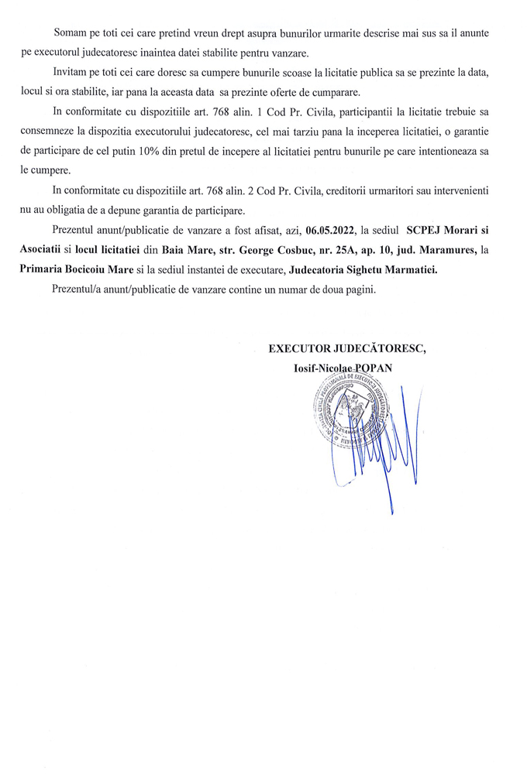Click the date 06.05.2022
coord(334,231)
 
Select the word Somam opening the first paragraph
coord(71,34)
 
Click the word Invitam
coord(72,71)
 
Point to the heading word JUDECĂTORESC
coord(381,348)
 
